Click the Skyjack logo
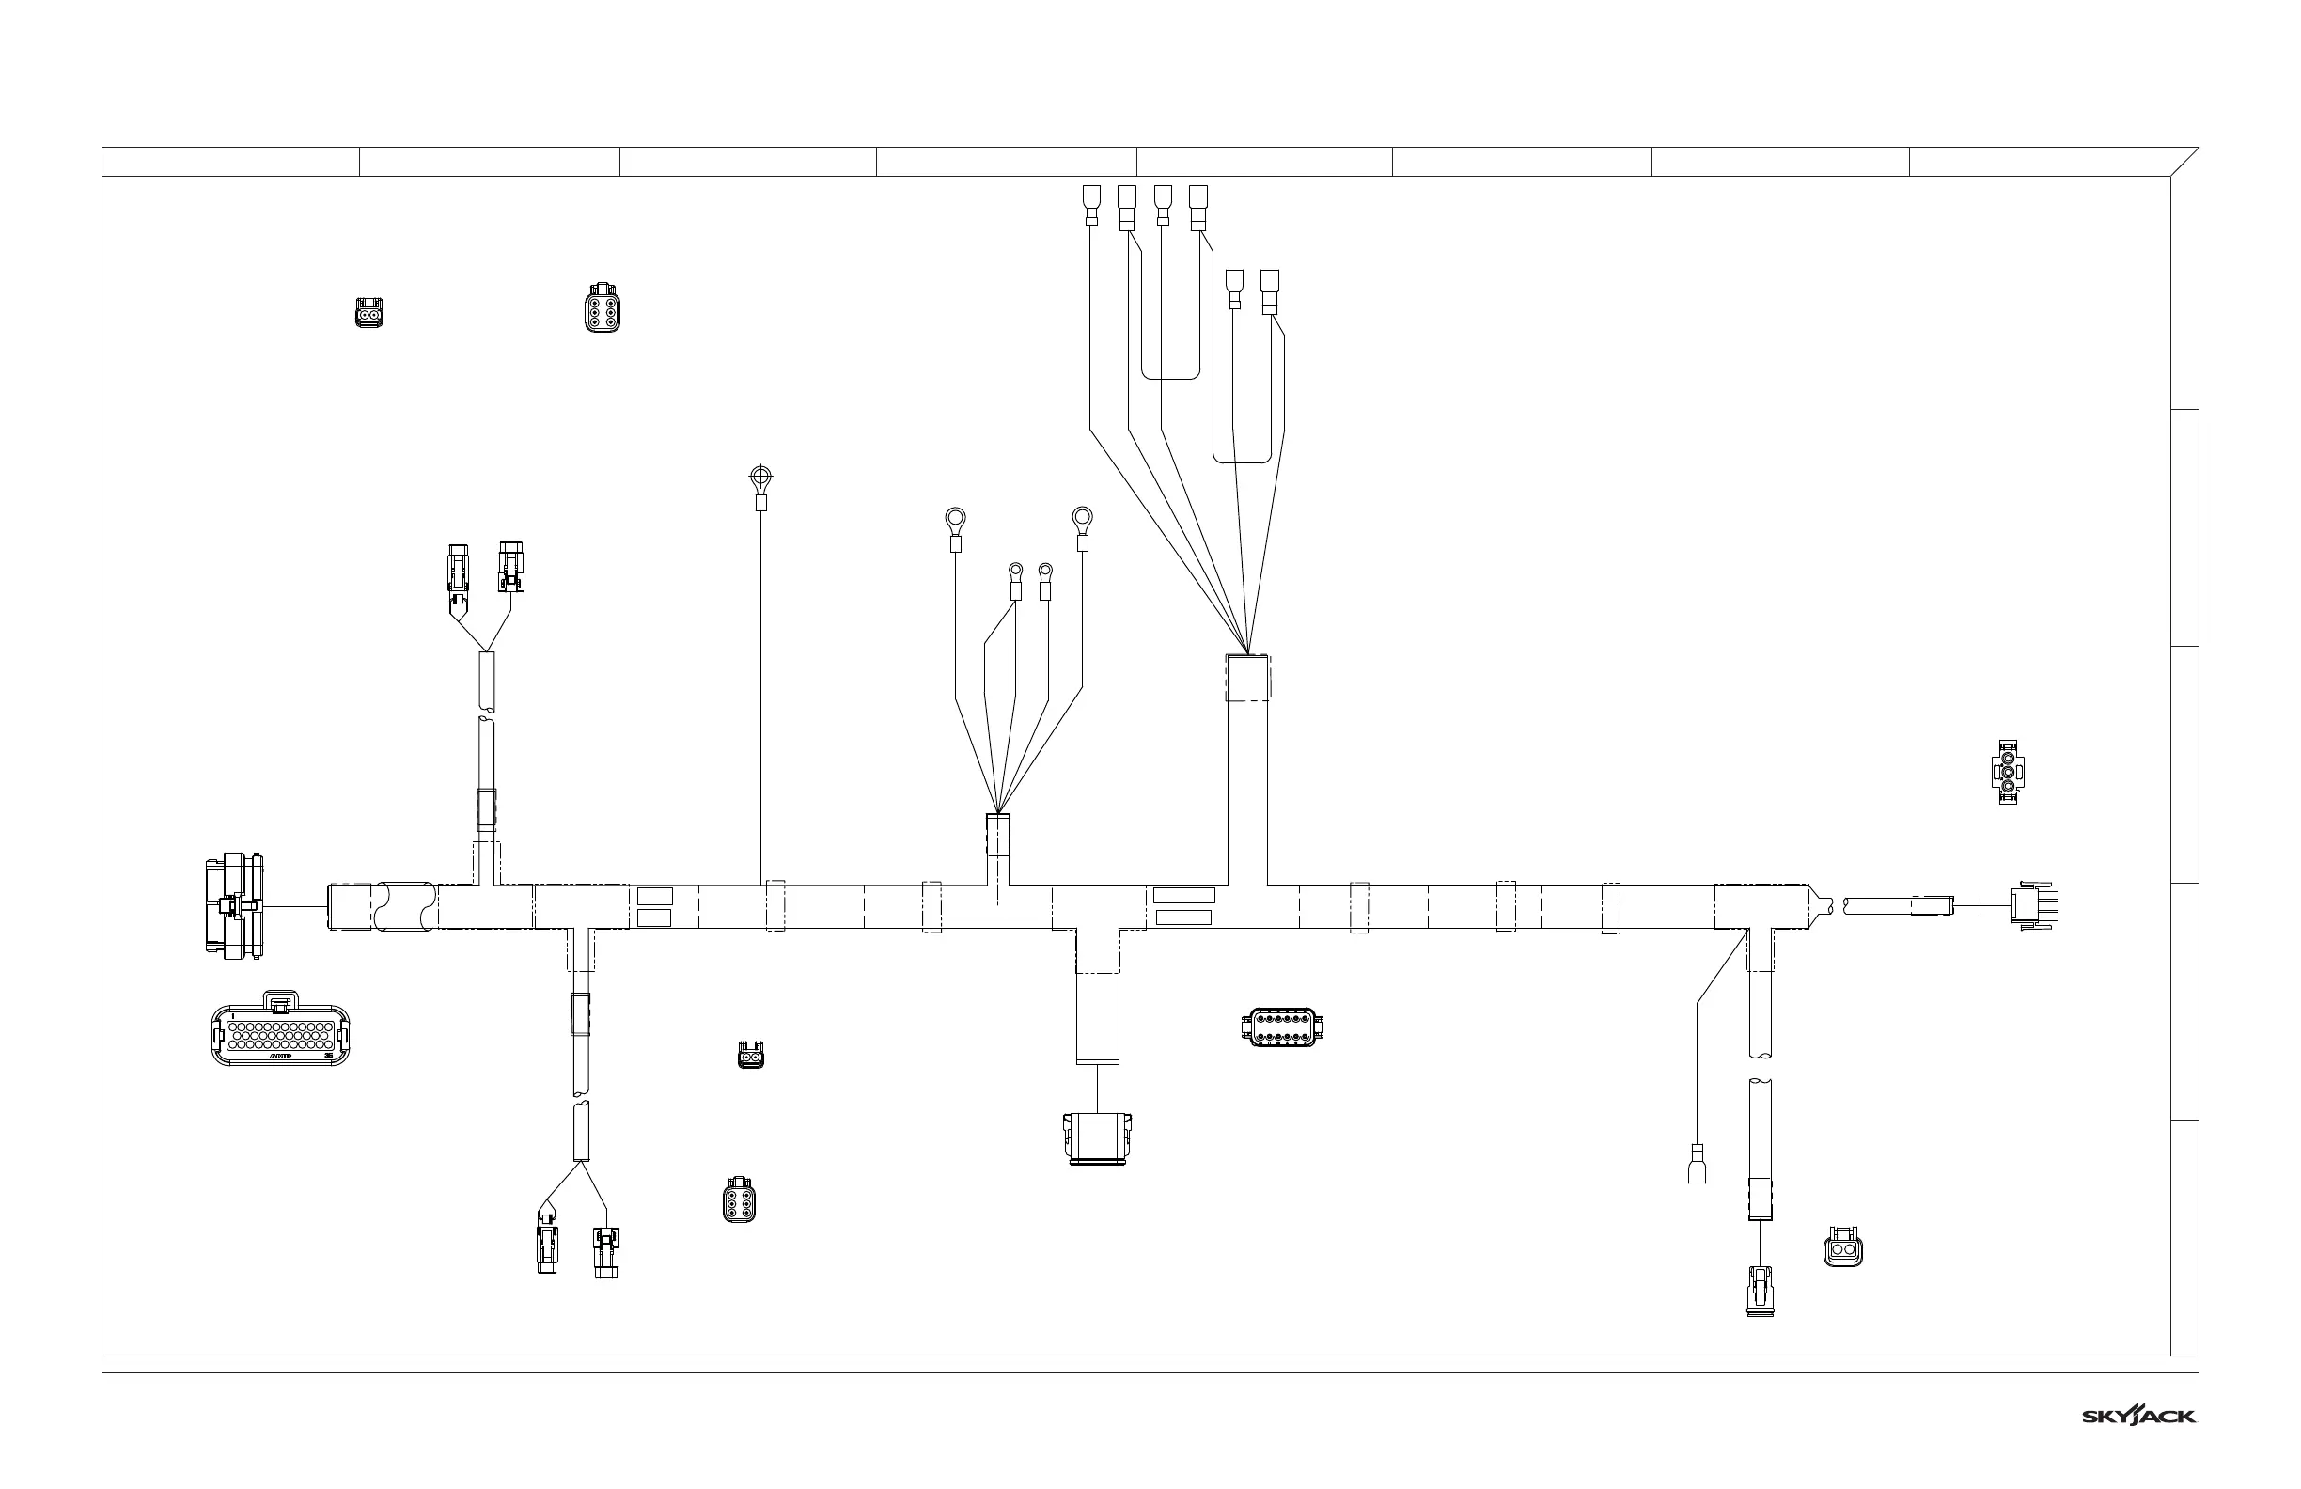tap(2139, 1416)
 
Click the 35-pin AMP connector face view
tap(280, 1029)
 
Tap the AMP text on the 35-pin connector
tap(280, 1057)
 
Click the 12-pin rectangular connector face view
tap(1282, 1027)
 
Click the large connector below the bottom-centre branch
tap(1097, 1138)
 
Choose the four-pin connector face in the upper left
tap(603, 307)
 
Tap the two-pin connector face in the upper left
tap(368, 312)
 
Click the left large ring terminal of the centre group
tap(955, 522)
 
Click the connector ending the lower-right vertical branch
tap(1760, 1291)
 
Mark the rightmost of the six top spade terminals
tap(1270, 290)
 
